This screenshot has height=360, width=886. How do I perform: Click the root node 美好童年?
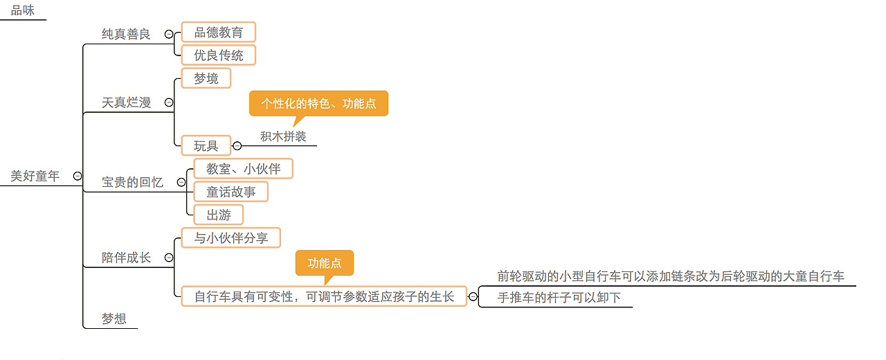(x=35, y=176)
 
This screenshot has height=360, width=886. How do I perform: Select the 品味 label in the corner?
(x=23, y=10)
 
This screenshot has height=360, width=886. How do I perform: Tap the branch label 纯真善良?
(x=126, y=34)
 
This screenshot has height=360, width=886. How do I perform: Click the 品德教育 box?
(x=218, y=32)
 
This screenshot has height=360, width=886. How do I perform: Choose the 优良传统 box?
(x=218, y=55)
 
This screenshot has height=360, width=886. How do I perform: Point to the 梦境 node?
(x=206, y=78)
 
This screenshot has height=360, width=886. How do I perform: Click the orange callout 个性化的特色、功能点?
(x=318, y=103)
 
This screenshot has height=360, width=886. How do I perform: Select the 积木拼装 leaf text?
(x=283, y=136)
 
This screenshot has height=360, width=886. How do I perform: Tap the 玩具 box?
(x=206, y=145)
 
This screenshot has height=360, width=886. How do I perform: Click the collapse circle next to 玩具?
(x=237, y=145)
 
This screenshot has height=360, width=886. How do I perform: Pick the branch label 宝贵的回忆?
(x=132, y=182)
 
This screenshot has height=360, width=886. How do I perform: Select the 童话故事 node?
(x=230, y=192)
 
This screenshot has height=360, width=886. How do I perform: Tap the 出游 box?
(x=218, y=215)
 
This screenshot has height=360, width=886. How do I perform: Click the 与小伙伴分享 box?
(x=230, y=238)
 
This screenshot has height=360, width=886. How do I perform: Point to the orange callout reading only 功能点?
(x=324, y=263)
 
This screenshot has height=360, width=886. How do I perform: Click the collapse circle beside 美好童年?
(x=78, y=177)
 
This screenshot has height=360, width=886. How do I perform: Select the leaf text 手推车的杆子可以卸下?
(x=559, y=298)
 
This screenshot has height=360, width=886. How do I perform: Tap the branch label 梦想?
(x=114, y=318)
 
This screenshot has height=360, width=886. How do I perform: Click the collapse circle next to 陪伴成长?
(x=169, y=258)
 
